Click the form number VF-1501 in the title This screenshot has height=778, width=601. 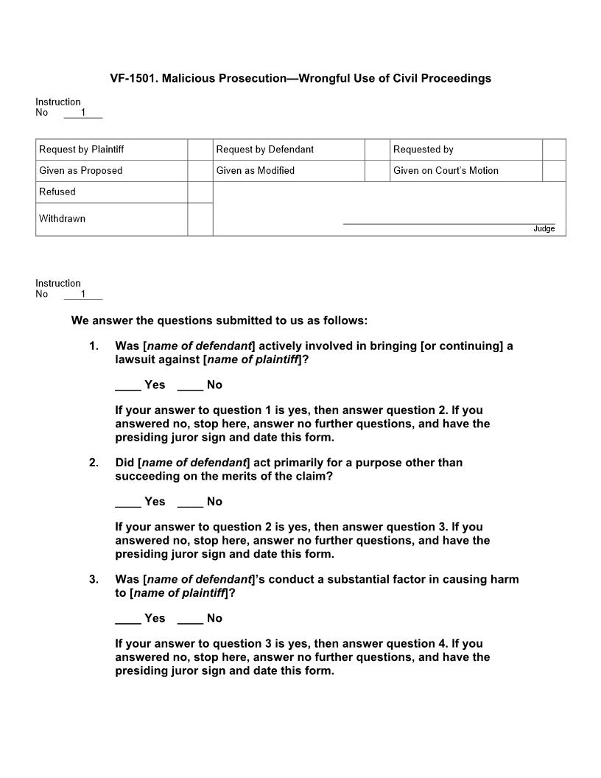[x=133, y=78]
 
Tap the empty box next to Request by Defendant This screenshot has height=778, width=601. [x=377, y=150]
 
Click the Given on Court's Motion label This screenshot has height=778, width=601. [x=446, y=171]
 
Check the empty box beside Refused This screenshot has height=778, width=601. [x=200, y=192]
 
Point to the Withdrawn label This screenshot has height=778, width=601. [x=62, y=219]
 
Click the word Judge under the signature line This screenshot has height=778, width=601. [x=544, y=229]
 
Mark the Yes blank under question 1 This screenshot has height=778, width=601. [x=127, y=385]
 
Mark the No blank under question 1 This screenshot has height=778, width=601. [x=190, y=385]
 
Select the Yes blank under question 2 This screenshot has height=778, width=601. [x=127, y=502]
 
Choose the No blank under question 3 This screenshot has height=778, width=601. [x=190, y=619]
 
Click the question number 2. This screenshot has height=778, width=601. [x=94, y=463]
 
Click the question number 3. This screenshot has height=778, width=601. [x=94, y=579]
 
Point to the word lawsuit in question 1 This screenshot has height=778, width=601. [x=137, y=360]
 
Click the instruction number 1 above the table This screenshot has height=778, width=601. [x=83, y=113]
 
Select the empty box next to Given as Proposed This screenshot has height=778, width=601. [x=200, y=171]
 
